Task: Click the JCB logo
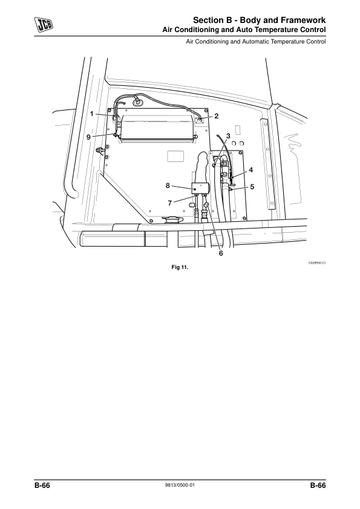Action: point(44,25)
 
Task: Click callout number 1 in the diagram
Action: point(92,114)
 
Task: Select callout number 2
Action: point(217,116)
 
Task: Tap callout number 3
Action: point(228,136)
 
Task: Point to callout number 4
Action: point(250,170)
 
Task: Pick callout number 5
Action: point(252,187)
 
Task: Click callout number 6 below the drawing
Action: point(221,253)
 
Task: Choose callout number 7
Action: point(169,203)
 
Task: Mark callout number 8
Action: point(168,186)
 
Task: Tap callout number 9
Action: point(88,137)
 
